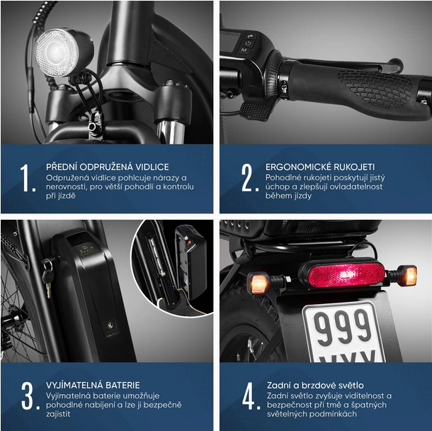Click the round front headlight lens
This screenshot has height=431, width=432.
click(x=57, y=52)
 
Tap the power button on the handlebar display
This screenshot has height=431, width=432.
click(x=249, y=43)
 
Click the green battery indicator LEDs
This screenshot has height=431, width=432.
click(x=86, y=251)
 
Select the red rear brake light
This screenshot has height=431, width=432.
click(x=346, y=274)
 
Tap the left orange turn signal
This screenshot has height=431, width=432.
click(x=258, y=283)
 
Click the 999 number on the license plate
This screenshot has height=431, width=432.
click(x=343, y=328)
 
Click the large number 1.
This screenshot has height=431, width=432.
click(x=26, y=178)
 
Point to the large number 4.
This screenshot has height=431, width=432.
click(x=250, y=396)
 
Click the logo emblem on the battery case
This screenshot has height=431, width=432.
click(x=110, y=324)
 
